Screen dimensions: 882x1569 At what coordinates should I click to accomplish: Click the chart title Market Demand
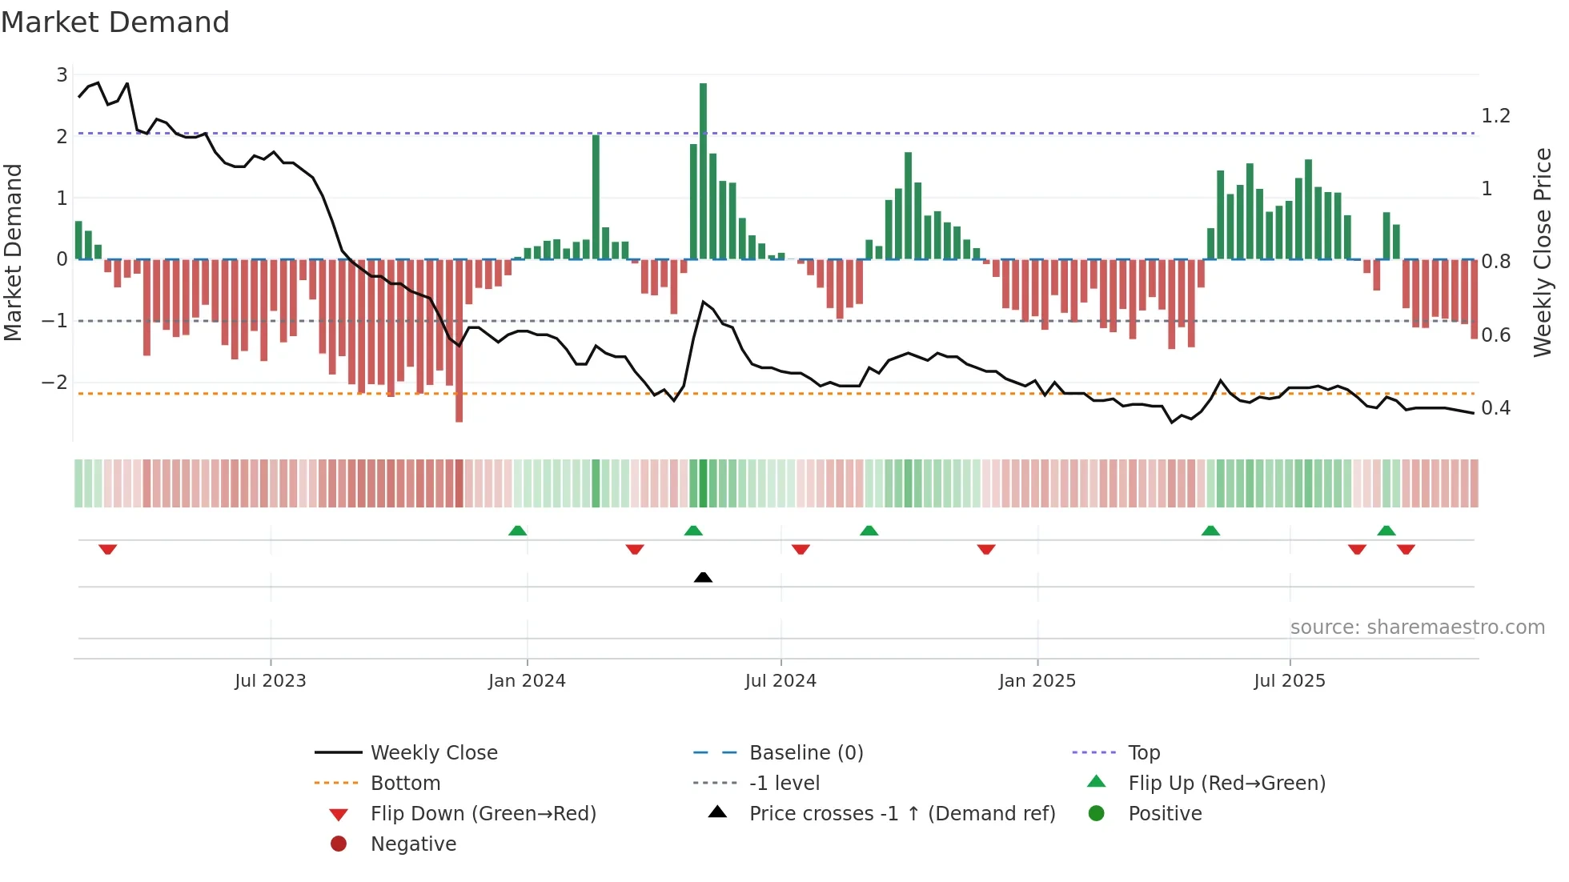click(x=115, y=22)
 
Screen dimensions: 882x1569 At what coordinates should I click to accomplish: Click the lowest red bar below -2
click(x=459, y=340)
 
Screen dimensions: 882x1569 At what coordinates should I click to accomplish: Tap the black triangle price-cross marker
click(x=703, y=577)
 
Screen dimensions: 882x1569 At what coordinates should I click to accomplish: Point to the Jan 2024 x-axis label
click(x=527, y=681)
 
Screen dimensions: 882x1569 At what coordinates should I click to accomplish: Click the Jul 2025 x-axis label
click(x=1289, y=681)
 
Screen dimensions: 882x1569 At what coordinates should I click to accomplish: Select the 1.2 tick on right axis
click(x=1495, y=116)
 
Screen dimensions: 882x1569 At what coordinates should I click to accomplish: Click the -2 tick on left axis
click(x=55, y=382)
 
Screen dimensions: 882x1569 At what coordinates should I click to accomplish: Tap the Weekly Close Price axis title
click(x=1542, y=252)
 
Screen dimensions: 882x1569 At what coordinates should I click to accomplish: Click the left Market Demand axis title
click(x=13, y=252)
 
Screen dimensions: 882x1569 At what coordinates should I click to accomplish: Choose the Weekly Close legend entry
click(x=433, y=752)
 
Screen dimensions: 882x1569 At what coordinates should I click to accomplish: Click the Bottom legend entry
click(x=405, y=783)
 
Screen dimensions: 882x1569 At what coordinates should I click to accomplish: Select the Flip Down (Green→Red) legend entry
click(x=483, y=813)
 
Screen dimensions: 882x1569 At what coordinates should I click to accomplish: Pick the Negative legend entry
click(x=413, y=844)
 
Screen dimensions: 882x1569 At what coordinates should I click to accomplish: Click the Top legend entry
click(x=1143, y=752)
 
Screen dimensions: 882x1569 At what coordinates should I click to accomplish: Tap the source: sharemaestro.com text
click(x=1417, y=627)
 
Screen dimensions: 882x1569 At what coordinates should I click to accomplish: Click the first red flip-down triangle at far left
click(x=108, y=549)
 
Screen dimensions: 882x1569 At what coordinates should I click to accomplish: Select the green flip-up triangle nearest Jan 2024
click(x=518, y=531)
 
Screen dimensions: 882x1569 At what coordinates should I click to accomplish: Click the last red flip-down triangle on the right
click(x=1406, y=549)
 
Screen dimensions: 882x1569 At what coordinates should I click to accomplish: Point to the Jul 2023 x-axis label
click(x=271, y=681)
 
